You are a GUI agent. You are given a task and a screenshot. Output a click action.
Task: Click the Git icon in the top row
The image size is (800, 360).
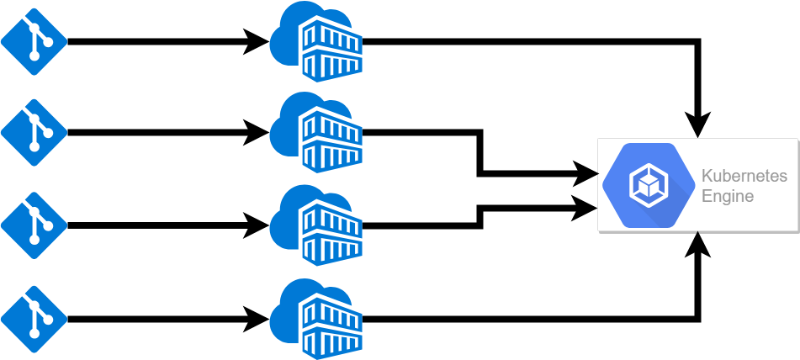[x=34, y=41]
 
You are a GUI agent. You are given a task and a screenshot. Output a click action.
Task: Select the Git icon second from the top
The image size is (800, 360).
[x=34, y=132]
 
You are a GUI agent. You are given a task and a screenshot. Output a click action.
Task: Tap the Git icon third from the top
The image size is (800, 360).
[x=34, y=225]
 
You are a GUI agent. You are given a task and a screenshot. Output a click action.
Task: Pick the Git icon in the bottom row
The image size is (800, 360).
[x=34, y=319]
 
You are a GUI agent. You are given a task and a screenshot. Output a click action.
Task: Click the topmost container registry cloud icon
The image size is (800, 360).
[x=316, y=41]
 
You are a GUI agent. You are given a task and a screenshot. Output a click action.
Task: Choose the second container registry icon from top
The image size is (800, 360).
[x=316, y=132]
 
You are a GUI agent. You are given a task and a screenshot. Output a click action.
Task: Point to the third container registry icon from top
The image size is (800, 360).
[x=316, y=225]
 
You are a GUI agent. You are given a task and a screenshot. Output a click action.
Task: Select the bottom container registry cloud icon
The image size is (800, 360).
[x=316, y=319]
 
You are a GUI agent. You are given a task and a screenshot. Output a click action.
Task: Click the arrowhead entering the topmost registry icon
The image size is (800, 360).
[x=257, y=41]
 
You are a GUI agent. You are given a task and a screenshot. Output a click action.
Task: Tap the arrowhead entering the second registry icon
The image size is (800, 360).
[x=257, y=132]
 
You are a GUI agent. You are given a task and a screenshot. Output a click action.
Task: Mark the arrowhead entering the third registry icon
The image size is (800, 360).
[x=257, y=225]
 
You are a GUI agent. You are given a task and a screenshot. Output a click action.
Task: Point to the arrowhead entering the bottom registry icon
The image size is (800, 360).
[x=257, y=319]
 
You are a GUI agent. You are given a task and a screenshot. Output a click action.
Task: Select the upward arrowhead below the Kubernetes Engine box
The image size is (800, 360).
[x=698, y=244]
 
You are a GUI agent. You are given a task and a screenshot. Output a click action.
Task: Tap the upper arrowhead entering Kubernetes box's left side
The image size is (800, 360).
[x=586, y=174]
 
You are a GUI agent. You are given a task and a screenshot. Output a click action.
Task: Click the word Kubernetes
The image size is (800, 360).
[x=744, y=177]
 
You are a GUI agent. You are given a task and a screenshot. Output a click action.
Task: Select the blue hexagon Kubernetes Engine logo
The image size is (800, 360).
[x=649, y=185]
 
